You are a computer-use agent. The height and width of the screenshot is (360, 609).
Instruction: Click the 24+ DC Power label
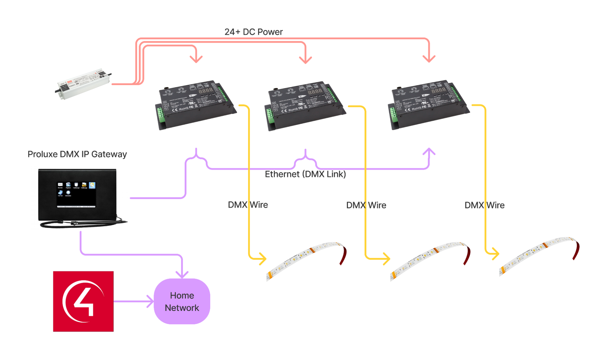[253, 32]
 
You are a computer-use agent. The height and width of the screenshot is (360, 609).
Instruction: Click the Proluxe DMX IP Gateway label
[77, 154]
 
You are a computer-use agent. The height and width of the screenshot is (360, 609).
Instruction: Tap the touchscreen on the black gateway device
[76, 194]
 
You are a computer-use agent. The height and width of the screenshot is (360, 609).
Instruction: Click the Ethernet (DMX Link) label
[305, 174]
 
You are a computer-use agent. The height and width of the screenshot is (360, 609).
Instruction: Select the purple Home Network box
[182, 301]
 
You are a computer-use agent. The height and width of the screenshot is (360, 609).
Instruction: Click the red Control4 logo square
[83, 301]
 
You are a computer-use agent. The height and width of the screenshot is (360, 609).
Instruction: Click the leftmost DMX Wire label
[248, 205]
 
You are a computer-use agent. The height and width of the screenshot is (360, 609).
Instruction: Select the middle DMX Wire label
[366, 205]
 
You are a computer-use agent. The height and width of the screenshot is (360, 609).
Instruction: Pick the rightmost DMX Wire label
[484, 205]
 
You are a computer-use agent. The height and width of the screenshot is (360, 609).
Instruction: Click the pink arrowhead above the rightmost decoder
[429, 59]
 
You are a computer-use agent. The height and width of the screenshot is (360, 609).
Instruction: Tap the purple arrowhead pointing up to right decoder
[429, 151]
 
